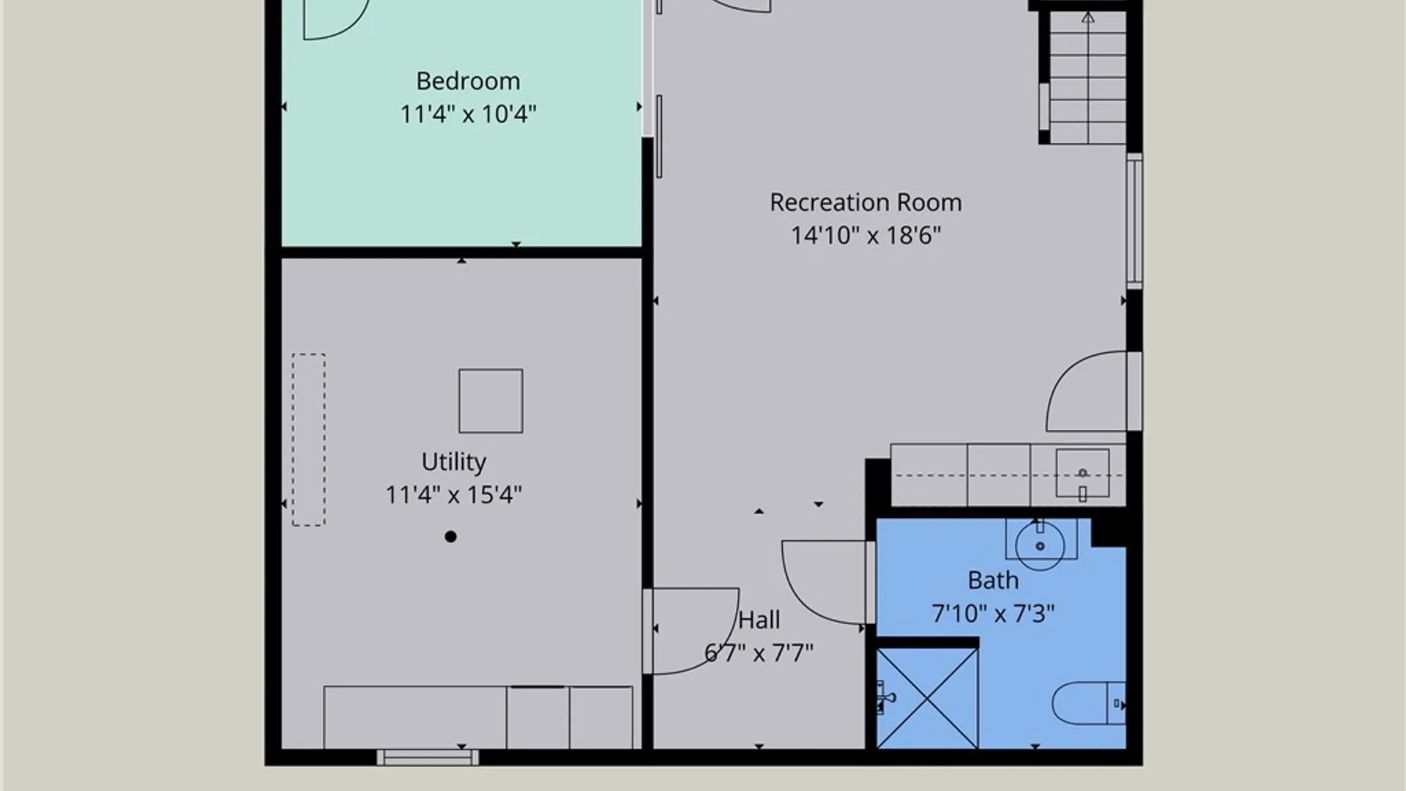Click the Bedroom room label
click(468, 81)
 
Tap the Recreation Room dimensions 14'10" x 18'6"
click(866, 235)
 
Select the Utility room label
click(453, 462)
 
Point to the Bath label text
click(993, 580)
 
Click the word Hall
click(759, 620)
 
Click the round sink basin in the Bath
click(1040, 546)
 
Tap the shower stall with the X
click(927, 698)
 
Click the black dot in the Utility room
click(450, 537)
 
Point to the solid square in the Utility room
click(491, 401)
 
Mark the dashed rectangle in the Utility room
click(309, 439)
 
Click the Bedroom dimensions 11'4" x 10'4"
click(468, 114)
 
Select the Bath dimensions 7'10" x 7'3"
click(993, 613)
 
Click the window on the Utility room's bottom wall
click(428, 757)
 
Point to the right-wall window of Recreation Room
click(1134, 220)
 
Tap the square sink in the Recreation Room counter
click(1082, 474)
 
